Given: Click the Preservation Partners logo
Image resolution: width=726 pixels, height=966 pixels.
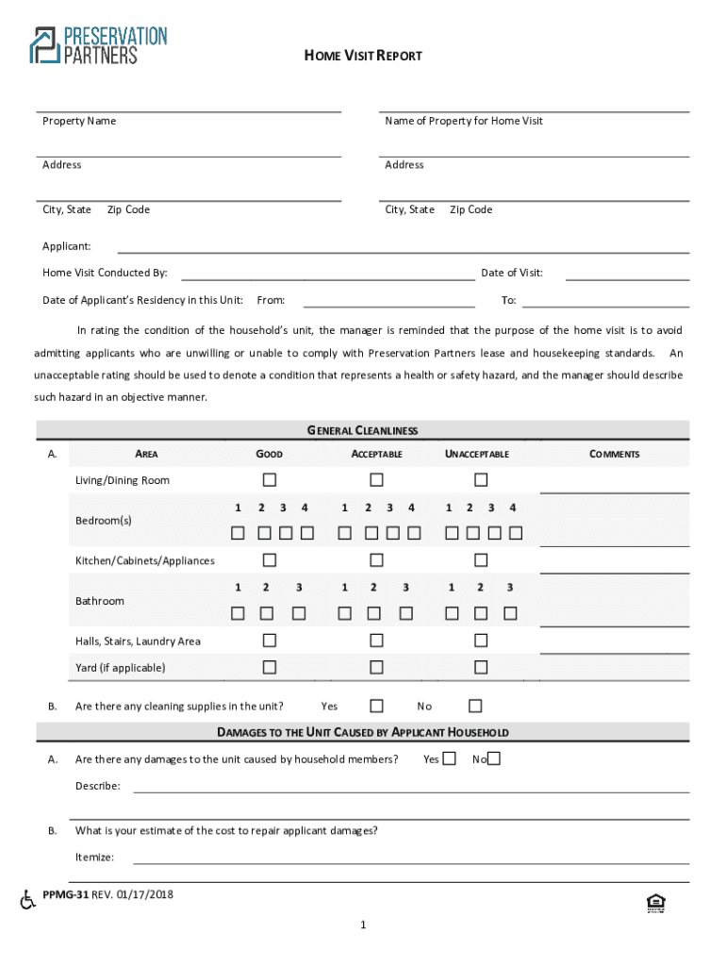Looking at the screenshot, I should click(x=98, y=45).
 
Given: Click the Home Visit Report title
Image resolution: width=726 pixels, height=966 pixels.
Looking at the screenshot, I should click(x=363, y=56).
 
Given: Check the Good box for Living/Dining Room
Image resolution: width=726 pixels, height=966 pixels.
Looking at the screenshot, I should click(x=270, y=479).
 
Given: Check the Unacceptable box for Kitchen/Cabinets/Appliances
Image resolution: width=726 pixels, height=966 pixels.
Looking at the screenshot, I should click(x=481, y=560).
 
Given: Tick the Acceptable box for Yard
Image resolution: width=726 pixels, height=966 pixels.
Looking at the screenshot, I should click(x=376, y=667).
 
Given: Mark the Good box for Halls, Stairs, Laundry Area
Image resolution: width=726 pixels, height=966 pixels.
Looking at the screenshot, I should click(x=270, y=641).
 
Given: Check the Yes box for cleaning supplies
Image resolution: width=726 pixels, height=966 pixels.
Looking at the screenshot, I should click(x=376, y=706).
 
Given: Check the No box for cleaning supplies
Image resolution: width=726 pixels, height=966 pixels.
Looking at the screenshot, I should click(x=475, y=706).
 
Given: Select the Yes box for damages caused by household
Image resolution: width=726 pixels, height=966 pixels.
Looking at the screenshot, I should click(x=449, y=758).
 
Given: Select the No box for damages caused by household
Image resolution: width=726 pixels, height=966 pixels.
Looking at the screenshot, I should click(x=494, y=758).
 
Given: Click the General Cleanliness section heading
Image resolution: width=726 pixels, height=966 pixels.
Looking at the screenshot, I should click(x=363, y=431).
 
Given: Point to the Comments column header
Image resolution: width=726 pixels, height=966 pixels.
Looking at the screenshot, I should click(x=614, y=455).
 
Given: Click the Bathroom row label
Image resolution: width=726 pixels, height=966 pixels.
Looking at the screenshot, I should click(x=100, y=601).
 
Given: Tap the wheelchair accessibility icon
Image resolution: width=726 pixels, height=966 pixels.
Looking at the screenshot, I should click(x=28, y=900).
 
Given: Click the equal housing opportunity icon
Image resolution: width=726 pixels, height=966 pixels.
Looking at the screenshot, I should click(x=656, y=904).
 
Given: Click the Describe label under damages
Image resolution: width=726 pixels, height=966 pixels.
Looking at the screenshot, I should click(x=97, y=786).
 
